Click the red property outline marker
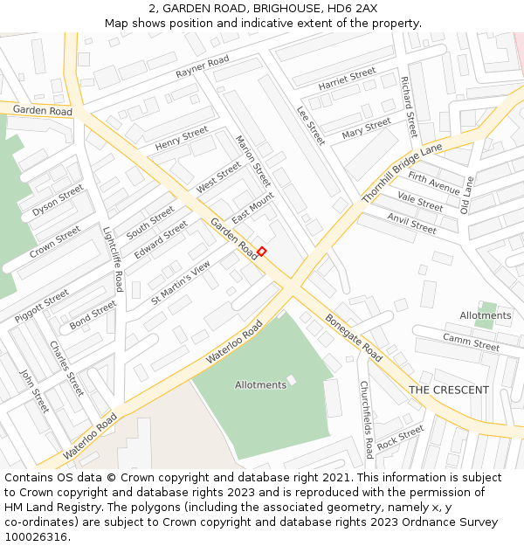tap(261, 252)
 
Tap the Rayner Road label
tap(202, 66)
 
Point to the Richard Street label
tap(409, 107)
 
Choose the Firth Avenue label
tap(433, 183)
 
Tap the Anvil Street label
tap(411, 224)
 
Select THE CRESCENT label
tap(449, 390)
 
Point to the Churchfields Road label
tap(367, 419)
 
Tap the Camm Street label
tap(471, 342)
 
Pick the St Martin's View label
tap(181, 282)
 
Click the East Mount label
tap(253, 208)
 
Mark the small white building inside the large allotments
tap(292, 380)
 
